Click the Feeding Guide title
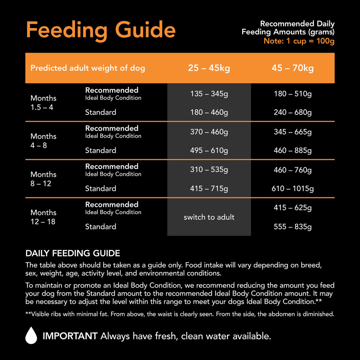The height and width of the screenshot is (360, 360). click(x=101, y=30)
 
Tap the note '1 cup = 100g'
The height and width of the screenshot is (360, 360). click(x=299, y=41)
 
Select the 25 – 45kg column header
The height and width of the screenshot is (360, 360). click(x=209, y=68)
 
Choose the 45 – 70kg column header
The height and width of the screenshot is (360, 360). click(x=292, y=68)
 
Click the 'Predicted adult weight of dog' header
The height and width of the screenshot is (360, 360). click(x=88, y=68)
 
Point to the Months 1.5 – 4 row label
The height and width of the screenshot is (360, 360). click(x=43, y=103)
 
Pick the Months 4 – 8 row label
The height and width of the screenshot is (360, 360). click(x=43, y=141)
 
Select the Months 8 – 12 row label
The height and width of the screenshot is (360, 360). click(x=43, y=179)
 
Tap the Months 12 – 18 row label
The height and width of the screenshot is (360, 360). click(x=43, y=217)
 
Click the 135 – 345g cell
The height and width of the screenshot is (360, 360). click(x=209, y=94)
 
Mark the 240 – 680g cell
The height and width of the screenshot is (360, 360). click(x=292, y=112)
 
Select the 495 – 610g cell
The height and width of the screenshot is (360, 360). click(x=209, y=150)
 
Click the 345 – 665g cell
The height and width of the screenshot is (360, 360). click(x=292, y=132)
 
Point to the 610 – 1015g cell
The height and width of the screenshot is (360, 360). click(x=292, y=189)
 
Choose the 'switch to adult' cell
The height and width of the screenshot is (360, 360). click(x=209, y=217)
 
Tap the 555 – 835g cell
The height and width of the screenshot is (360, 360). click(x=292, y=227)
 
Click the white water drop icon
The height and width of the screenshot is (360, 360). click(x=31, y=335)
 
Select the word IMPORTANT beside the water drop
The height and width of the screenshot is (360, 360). click(x=70, y=336)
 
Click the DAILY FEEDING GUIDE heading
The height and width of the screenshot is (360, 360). click(x=73, y=253)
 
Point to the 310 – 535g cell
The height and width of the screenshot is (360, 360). click(x=209, y=170)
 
